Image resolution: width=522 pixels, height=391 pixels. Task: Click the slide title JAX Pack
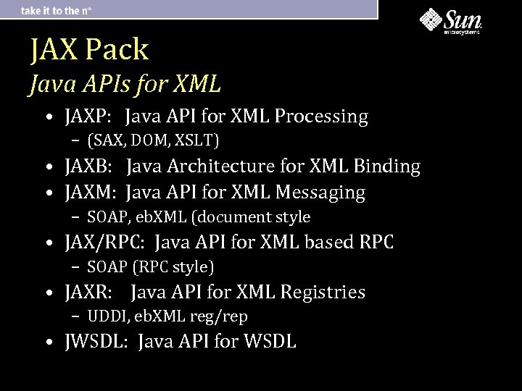click(x=89, y=49)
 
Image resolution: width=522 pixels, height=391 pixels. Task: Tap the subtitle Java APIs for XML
click(x=125, y=85)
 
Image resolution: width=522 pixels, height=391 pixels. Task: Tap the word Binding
click(x=387, y=167)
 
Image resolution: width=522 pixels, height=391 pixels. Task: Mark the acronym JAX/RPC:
click(x=105, y=243)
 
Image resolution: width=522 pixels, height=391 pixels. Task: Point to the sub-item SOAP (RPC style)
click(x=151, y=267)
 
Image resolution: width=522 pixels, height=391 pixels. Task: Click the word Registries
click(x=323, y=293)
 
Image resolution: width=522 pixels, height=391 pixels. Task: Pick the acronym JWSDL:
click(x=96, y=342)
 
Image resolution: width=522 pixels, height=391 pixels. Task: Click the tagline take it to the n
click(x=57, y=10)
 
